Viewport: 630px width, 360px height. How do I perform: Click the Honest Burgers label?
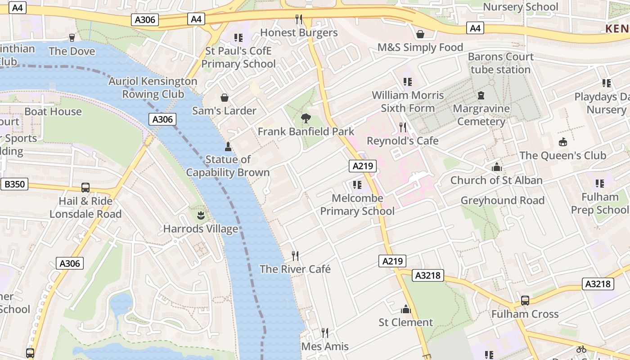pyautogui.click(x=299, y=33)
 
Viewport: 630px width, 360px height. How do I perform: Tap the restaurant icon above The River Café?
pyautogui.click(x=295, y=256)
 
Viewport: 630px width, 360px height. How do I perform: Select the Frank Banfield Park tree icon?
pyautogui.click(x=306, y=118)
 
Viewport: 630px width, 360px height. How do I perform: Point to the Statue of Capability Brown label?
pyautogui.click(x=228, y=166)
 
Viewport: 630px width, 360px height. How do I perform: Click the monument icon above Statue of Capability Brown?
pyautogui.click(x=228, y=147)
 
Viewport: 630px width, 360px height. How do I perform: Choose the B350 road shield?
pyautogui.click(x=15, y=184)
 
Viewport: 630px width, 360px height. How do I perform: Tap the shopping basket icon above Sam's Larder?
pyautogui.click(x=224, y=98)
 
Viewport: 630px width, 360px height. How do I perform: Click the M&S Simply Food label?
pyautogui.click(x=420, y=48)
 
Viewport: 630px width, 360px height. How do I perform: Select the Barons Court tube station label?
pyautogui.click(x=500, y=63)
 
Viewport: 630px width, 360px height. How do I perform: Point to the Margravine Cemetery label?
pyautogui.click(x=481, y=115)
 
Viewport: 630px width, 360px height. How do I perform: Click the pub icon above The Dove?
pyautogui.click(x=72, y=38)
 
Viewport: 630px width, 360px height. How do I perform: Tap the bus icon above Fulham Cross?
pyautogui.click(x=525, y=301)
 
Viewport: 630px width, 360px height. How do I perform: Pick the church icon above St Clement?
pyautogui.click(x=406, y=309)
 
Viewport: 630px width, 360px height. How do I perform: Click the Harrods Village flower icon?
pyautogui.click(x=201, y=216)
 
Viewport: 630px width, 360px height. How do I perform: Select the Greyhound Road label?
pyautogui.click(x=502, y=201)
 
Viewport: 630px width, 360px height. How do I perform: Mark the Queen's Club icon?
pyautogui.click(x=562, y=142)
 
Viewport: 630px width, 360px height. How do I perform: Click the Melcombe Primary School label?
pyautogui.click(x=357, y=205)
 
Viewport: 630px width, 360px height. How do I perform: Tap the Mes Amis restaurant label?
pyautogui.click(x=325, y=346)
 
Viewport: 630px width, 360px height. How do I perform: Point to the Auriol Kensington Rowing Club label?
pyautogui.click(x=153, y=88)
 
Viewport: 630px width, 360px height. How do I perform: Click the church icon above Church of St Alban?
pyautogui.click(x=497, y=167)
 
